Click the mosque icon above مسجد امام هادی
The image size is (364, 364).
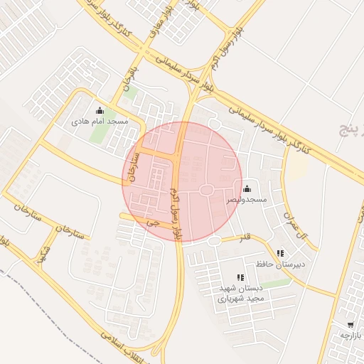pyautogui.click(x=99, y=111)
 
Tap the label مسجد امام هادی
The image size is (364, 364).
pyautogui.click(x=100, y=122)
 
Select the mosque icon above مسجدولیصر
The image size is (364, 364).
pyautogui.click(x=247, y=188)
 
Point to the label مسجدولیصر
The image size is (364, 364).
pyautogui.click(x=246, y=200)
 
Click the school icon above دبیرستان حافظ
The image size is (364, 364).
pyautogui.click(x=280, y=252)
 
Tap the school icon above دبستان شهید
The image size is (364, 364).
pyautogui.click(x=240, y=277)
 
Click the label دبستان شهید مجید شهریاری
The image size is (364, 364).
pyautogui.click(x=240, y=294)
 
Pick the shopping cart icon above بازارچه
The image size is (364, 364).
pyautogui.click(x=350, y=323)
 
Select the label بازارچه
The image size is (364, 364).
pyautogui.click(x=350, y=335)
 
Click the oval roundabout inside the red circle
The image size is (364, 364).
pyautogui.click(x=206, y=190)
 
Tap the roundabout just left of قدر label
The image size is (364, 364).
pyautogui.click(x=214, y=241)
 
